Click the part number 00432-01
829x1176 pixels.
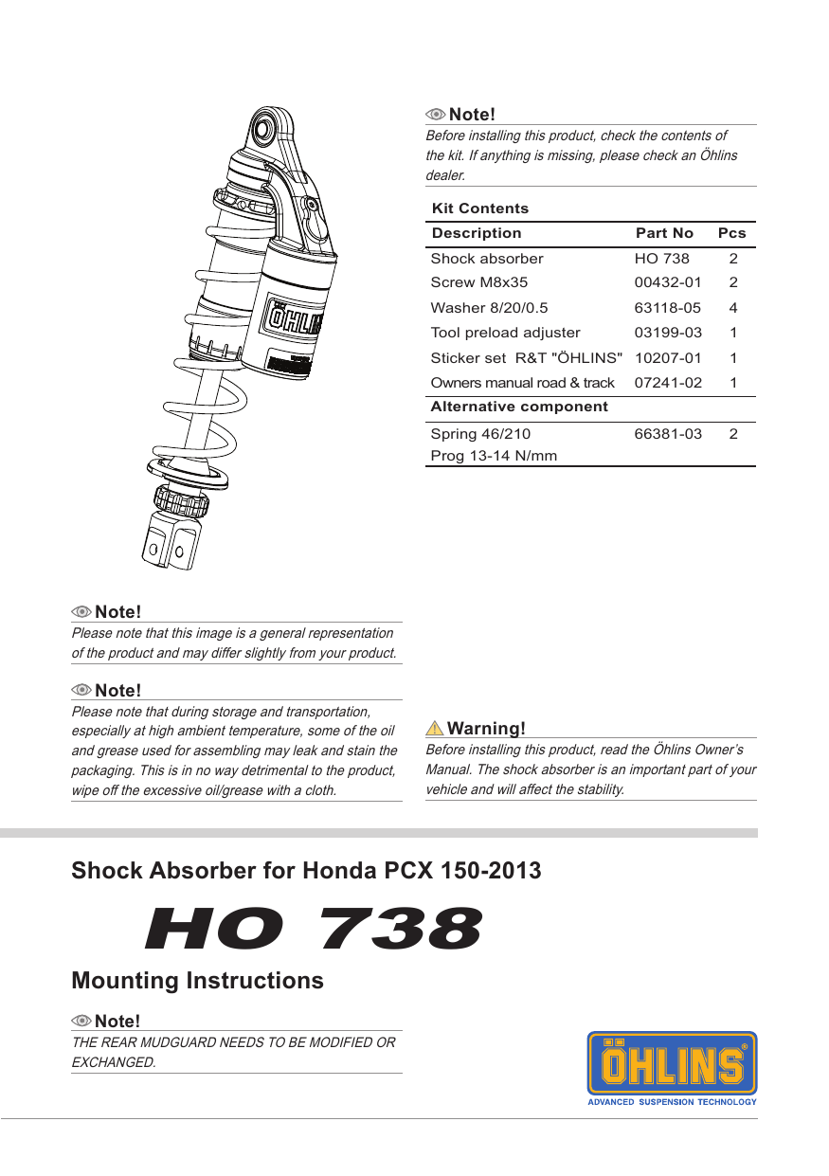click(668, 282)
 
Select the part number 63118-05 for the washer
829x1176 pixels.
click(668, 308)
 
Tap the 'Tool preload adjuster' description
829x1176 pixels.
click(505, 333)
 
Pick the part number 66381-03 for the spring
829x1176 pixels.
click(668, 434)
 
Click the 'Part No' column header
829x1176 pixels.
click(664, 233)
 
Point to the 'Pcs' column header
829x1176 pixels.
click(731, 233)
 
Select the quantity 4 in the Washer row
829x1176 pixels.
click(733, 308)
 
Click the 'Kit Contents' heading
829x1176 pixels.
click(479, 208)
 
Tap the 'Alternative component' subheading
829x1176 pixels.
click(519, 407)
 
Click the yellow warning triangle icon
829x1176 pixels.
click(435, 729)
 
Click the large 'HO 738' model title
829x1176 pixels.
click(314, 929)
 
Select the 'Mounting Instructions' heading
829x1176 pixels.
click(197, 981)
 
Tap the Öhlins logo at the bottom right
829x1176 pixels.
click(672, 1063)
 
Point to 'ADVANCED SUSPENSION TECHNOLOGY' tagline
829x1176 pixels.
click(672, 1102)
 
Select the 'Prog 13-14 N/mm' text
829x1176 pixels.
click(494, 456)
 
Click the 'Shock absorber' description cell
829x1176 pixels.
click(487, 259)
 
